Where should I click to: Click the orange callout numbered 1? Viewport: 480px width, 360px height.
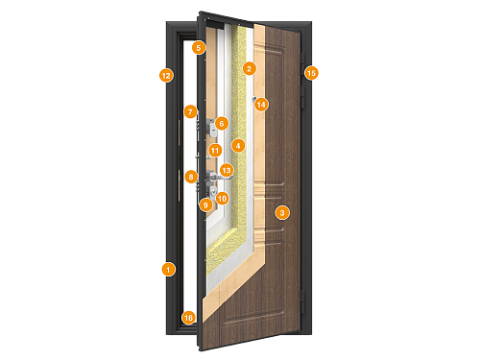click(x=167, y=270)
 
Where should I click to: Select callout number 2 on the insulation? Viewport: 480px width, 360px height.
click(x=249, y=68)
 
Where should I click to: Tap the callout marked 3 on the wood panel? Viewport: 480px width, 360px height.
click(x=281, y=211)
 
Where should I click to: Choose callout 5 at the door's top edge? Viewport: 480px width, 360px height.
click(x=198, y=47)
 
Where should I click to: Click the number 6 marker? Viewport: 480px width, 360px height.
click(x=220, y=123)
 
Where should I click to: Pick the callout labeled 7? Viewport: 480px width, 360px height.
click(x=190, y=111)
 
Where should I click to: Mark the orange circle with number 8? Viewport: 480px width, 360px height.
click(x=191, y=176)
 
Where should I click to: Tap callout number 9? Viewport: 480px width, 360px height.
click(x=205, y=204)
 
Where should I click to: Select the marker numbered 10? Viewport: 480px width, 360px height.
click(x=222, y=199)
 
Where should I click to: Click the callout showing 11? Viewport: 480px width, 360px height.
click(x=215, y=150)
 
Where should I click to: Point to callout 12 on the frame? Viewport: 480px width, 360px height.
click(x=166, y=74)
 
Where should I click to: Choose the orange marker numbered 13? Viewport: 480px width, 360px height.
click(x=227, y=169)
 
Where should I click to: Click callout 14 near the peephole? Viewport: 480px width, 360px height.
click(x=262, y=104)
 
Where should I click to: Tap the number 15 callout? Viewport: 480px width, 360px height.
click(x=310, y=72)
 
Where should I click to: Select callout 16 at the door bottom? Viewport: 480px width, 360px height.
click(x=188, y=317)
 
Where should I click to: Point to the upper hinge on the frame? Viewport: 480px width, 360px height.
click(x=304, y=92)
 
